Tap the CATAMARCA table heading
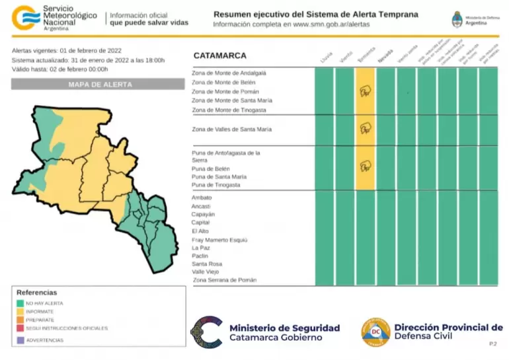[220, 56]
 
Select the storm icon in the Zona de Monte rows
[365, 92]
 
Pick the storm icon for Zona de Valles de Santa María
[365, 129]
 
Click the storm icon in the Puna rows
[365, 166]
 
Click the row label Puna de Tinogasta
[215, 185]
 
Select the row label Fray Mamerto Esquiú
[219, 240]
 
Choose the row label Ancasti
[201, 207]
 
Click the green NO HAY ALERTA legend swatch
[20, 303]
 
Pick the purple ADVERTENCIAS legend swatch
[20, 340]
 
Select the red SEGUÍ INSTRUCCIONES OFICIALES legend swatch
[20, 328]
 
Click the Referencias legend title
[37, 293]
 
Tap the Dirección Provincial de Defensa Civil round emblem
[375, 331]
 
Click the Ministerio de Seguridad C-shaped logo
[207, 332]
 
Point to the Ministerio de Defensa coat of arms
[457, 18]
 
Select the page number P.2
[492, 344]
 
